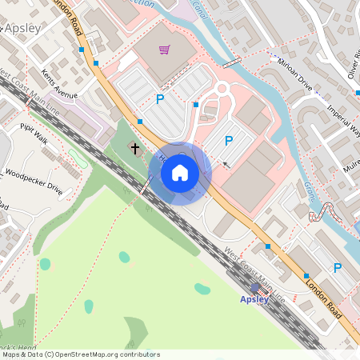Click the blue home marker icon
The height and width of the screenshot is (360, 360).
coord(180,173)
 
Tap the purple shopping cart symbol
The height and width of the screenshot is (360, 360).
coord(164,50)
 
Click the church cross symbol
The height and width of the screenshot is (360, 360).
coord(135,148)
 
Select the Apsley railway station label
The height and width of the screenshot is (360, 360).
coord(255,299)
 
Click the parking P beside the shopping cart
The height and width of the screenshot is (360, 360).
coord(159,99)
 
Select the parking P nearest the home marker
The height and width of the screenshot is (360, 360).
coord(228,141)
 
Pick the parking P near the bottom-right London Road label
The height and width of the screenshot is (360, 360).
coord(337,268)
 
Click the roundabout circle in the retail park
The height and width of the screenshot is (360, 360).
coord(222,87)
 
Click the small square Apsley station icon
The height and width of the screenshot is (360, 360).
coord(255,288)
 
